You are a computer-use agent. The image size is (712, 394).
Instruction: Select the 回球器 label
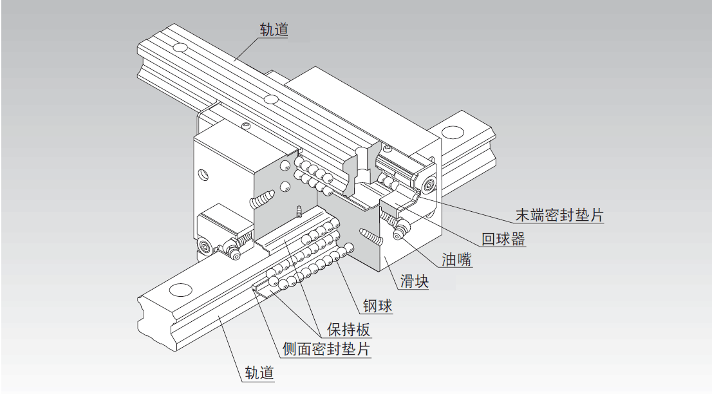(503, 239)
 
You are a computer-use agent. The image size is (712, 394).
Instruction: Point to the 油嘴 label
(456, 260)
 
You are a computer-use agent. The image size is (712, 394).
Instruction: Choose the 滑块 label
(415, 281)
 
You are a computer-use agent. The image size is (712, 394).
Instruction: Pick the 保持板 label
(349, 330)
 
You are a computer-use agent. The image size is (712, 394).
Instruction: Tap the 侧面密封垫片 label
(327, 350)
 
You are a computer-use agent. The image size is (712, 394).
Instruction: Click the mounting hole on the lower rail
(181, 290)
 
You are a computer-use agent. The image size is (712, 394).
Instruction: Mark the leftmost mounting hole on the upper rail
(180, 48)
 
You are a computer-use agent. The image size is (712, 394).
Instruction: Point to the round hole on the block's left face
(204, 174)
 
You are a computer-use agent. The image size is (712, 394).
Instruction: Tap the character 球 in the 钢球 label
(385, 305)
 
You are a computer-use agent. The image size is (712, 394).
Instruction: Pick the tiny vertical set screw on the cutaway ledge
(299, 211)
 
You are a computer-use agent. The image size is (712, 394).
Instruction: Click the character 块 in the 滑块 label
(422, 281)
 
